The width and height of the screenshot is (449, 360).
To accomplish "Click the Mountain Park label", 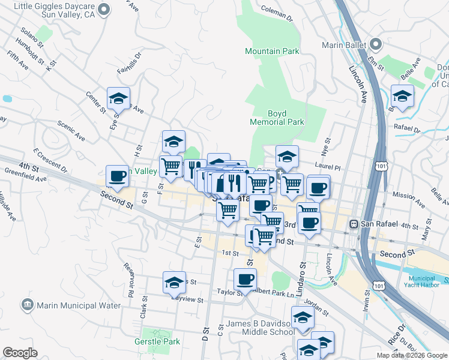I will click(272, 51).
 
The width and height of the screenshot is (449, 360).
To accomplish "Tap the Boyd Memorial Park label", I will click(277, 117).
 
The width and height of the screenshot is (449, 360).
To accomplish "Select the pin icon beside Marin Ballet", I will click(376, 44).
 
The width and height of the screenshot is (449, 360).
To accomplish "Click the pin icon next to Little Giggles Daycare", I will click(105, 9).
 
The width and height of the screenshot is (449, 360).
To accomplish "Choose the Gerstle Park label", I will click(157, 341).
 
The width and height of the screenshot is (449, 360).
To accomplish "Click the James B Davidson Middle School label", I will click(261, 328).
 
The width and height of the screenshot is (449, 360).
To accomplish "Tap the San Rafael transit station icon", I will click(355, 224).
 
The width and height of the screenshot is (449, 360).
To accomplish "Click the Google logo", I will click(20, 352).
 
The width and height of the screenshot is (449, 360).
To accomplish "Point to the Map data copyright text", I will click(412, 355).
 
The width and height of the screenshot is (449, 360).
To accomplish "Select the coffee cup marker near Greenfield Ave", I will click(117, 176).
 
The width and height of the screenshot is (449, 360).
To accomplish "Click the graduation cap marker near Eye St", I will click(118, 98).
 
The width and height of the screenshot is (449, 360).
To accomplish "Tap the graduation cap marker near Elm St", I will click(402, 95).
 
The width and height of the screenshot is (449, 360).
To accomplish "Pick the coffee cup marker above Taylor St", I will click(245, 279).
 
